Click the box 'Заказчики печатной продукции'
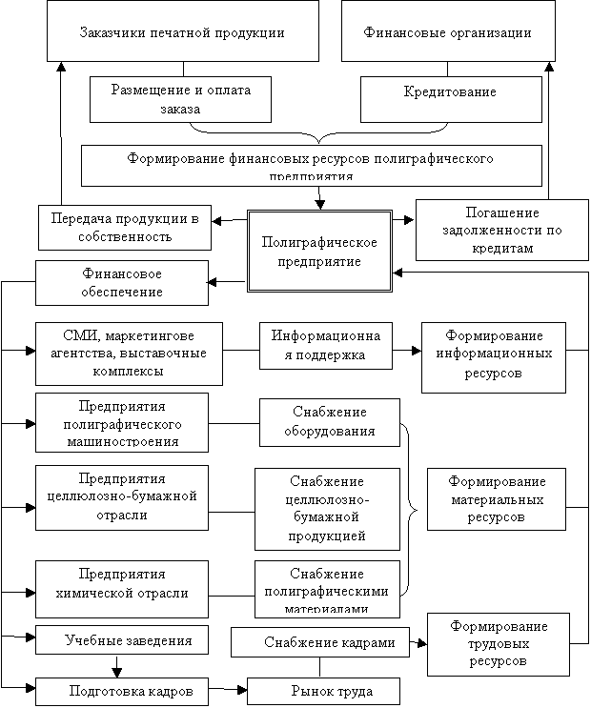[x=184, y=32]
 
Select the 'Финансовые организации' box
[x=447, y=32]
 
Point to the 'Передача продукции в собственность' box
[x=125, y=228]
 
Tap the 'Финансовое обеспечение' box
[x=121, y=283]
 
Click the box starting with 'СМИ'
[x=129, y=350]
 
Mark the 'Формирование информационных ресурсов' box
[x=495, y=356]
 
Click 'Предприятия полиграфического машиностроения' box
[x=122, y=421]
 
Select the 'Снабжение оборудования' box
[x=329, y=421]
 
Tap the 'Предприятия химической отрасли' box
[x=121, y=583]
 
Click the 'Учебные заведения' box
[x=122, y=639]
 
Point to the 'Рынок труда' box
[x=322, y=690]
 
